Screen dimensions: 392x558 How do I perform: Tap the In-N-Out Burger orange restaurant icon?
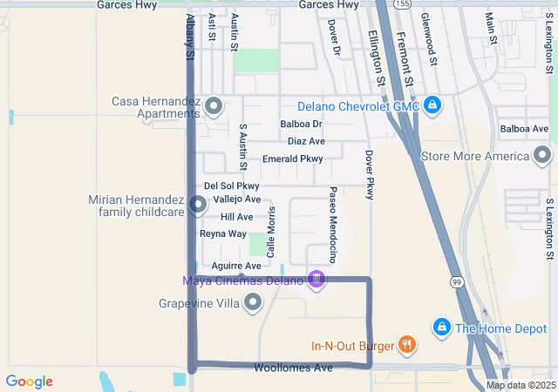pos(406,345)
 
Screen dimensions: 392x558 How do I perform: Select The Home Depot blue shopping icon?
pos(442,328)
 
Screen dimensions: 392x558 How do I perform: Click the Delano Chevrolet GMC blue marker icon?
pos(432,106)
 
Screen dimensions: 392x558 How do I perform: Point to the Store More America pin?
pos(542,156)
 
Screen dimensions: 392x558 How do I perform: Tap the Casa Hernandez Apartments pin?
pos(213,107)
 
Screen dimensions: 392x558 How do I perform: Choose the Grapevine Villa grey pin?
pos(253,303)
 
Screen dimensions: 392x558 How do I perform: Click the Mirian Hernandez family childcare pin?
pos(197,206)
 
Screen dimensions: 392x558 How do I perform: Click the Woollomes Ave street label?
pos(293,368)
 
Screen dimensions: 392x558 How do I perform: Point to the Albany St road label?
pos(189,37)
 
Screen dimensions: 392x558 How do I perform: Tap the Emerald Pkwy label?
pos(292,159)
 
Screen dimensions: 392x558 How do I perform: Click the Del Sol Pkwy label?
pos(232,186)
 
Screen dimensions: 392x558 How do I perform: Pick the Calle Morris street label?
pos(271,232)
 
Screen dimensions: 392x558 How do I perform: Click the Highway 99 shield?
pos(456,281)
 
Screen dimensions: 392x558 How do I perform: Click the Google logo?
pos(29,382)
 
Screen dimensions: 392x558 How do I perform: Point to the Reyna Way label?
pos(223,233)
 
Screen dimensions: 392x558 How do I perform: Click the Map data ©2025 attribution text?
pos(521,385)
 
